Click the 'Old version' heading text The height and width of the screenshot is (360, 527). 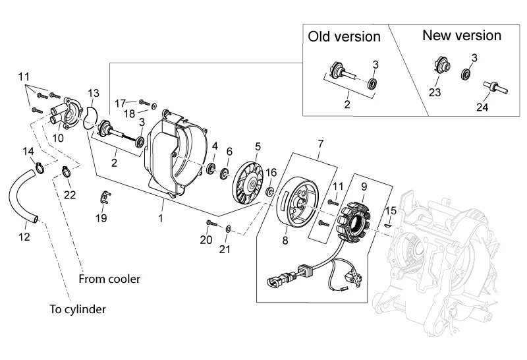click(345, 36)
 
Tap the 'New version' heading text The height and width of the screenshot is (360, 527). click(462, 36)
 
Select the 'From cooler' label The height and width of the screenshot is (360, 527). click(109, 279)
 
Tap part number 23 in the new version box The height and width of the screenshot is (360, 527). click(435, 93)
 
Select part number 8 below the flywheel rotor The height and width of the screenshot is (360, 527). click(285, 241)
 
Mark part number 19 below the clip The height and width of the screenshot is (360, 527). click(101, 218)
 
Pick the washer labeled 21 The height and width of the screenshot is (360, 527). click(228, 229)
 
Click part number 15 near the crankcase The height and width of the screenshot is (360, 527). click(391, 211)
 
